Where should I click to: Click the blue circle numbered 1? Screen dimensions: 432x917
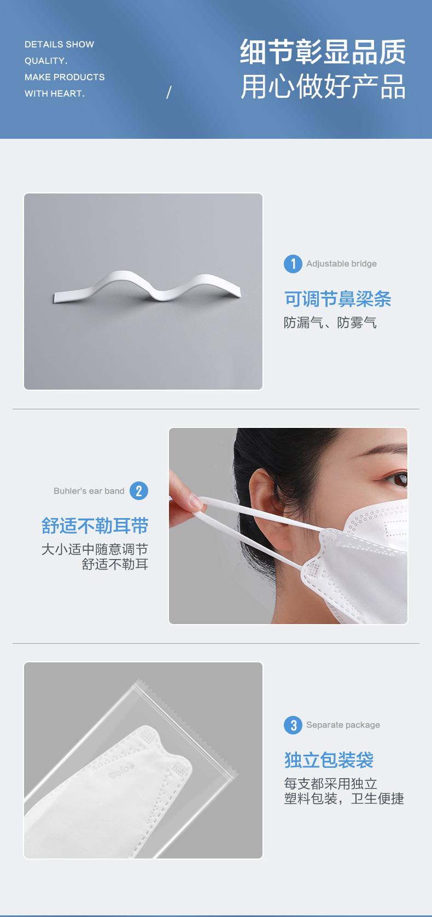coord(293,263)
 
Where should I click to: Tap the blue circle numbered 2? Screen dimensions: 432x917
coord(139,491)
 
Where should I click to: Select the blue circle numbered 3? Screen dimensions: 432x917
coord(293,725)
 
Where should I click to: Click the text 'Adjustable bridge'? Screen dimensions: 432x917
coord(342,263)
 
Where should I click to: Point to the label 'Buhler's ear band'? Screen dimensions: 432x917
coord(89,491)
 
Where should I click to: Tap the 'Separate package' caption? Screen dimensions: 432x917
coord(343,725)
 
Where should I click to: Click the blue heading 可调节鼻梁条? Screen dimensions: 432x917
coord(338,299)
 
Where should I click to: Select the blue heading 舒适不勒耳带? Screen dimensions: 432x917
coord(95,526)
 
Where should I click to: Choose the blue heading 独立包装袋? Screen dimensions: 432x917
coord(329,760)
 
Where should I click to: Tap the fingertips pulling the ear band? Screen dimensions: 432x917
coord(193,502)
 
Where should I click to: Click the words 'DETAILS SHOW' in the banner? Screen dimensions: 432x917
coord(60,44)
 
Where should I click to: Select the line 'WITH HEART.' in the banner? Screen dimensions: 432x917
coord(55,93)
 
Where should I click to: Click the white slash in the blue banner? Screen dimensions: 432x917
coord(169,92)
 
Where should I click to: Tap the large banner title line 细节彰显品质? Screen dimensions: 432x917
coord(323,51)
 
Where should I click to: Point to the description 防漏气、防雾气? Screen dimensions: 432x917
coord(330,322)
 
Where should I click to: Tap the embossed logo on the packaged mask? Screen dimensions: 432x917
coord(121,771)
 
